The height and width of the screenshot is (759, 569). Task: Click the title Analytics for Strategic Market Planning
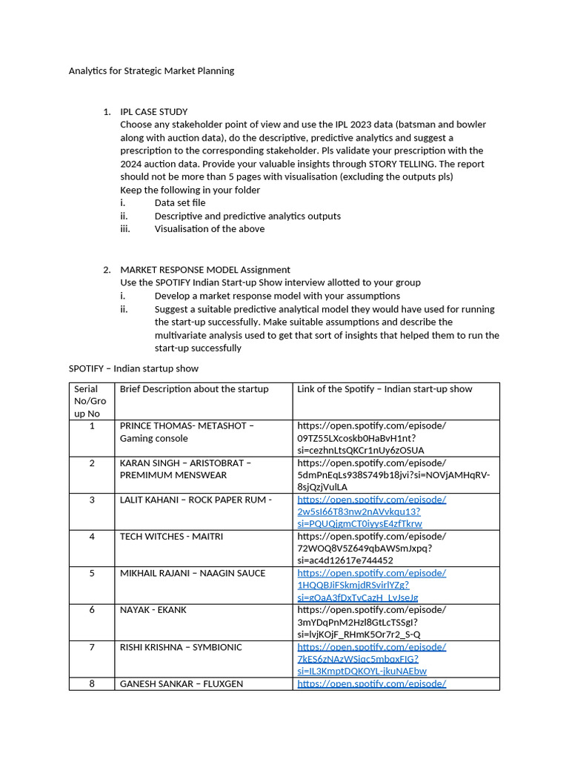tap(151, 71)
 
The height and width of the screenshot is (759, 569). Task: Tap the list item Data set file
tap(180, 203)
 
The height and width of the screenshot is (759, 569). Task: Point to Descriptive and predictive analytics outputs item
tap(247, 216)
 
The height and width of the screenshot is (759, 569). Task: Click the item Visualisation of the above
tap(210, 229)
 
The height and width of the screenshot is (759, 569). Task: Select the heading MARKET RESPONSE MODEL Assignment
tap(205, 270)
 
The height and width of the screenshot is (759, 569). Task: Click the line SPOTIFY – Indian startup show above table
tap(133, 368)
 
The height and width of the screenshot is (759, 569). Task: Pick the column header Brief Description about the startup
tap(194, 389)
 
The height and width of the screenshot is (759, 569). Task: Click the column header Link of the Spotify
tap(385, 389)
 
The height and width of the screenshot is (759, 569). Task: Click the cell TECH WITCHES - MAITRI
tap(171, 537)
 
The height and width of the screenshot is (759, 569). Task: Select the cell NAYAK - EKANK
tap(153, 610)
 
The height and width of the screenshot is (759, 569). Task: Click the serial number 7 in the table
tap(92, 648)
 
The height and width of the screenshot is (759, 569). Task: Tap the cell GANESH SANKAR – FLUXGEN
tap(182, 684)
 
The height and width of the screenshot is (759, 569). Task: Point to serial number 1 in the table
tap(92, 426)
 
